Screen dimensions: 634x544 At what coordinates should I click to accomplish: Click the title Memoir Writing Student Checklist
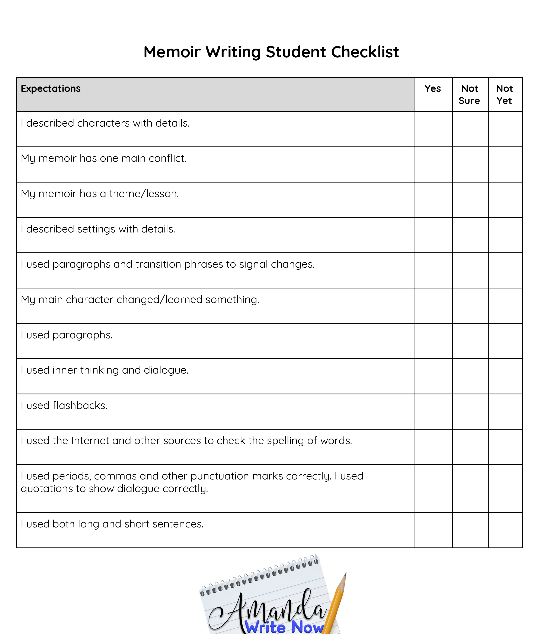pyautogui.click(x=271, y=52)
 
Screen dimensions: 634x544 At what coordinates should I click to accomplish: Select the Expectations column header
pyautogui.click(x=51, y=89)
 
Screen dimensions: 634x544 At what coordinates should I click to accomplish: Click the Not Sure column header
pyautogui.click(x=469, y=95)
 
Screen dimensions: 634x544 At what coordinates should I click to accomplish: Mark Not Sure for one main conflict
pyautogui.click(x=470, y=164)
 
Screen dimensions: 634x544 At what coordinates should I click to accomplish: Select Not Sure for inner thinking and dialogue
pyautogui.click(x=470, y=376)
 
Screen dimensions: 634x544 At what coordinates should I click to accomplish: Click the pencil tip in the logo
pyautogui.click(x=345, y=575)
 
